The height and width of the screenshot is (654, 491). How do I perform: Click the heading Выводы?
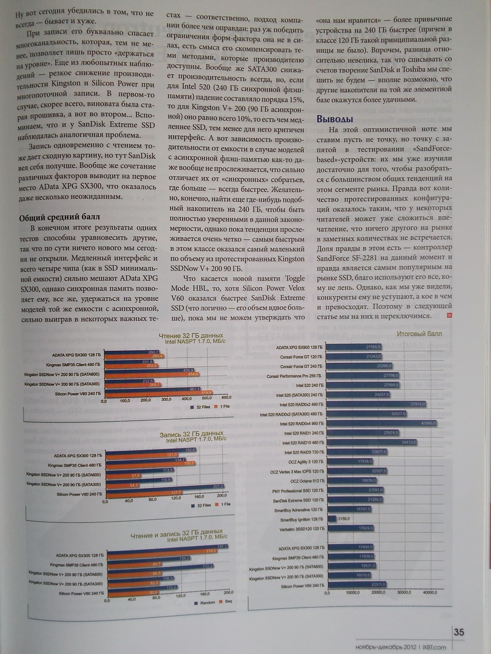335,119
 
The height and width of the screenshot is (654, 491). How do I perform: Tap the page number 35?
459,632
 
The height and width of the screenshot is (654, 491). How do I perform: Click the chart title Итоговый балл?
419,334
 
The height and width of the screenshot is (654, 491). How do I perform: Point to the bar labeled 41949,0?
382,423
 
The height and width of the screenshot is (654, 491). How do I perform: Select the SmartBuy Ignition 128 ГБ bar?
332,519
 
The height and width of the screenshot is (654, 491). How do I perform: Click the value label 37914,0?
417,404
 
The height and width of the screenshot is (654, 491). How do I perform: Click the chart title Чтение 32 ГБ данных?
191,336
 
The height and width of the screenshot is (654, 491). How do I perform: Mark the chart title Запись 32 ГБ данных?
191,434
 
